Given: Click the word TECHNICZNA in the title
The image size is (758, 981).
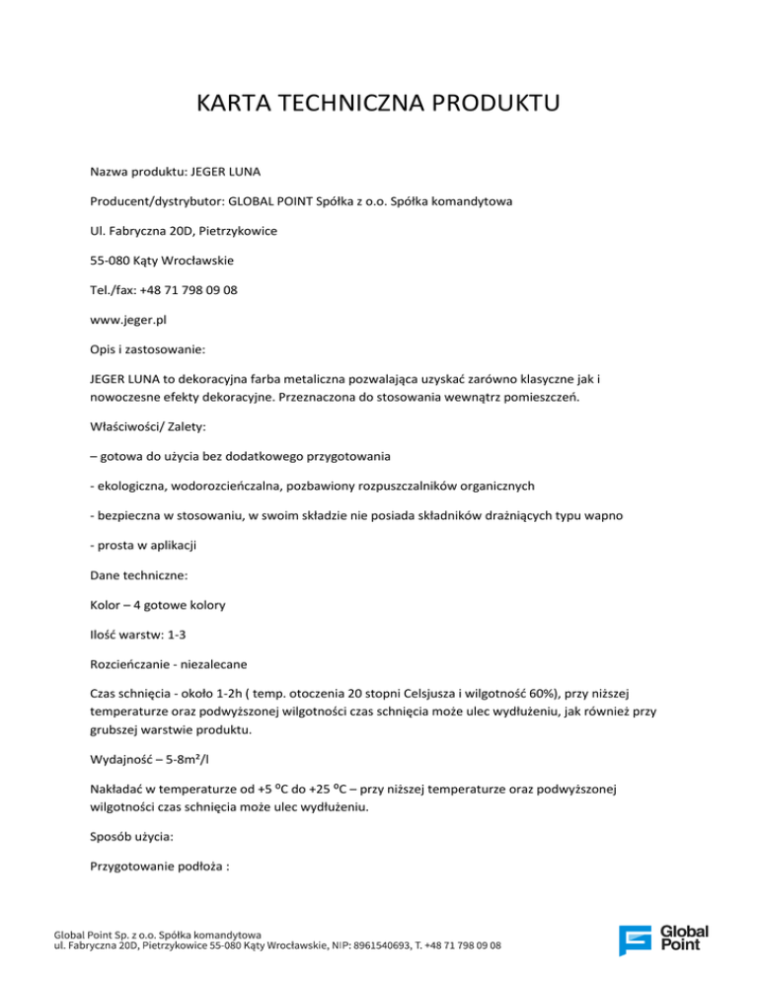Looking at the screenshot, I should point(341,103).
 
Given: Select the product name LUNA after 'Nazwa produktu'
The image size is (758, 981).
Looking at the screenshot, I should point(250,171).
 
